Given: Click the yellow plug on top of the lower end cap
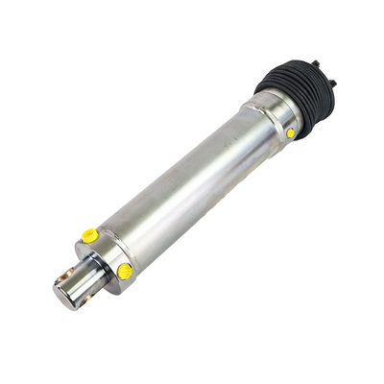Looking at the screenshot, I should click(x=89, y=235).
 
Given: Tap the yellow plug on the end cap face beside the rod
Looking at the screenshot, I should click(x=125, y=272).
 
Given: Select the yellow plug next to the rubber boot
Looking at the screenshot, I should click(x=290, y=133).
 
